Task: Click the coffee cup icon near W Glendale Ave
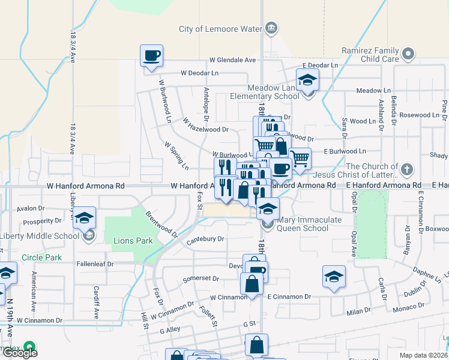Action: [151, 56]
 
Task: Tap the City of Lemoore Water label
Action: [221, 29]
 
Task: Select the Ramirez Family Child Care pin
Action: [409, 54]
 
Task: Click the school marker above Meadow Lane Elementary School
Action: [307, 80]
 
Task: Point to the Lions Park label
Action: [132, 241]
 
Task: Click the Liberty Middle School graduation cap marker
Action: [84, 217]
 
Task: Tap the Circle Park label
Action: [41, 257]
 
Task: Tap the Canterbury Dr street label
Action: [205, 239]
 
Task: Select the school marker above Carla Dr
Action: [334, 277]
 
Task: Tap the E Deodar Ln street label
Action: [321, 65]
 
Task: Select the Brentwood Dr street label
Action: [161, 223]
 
